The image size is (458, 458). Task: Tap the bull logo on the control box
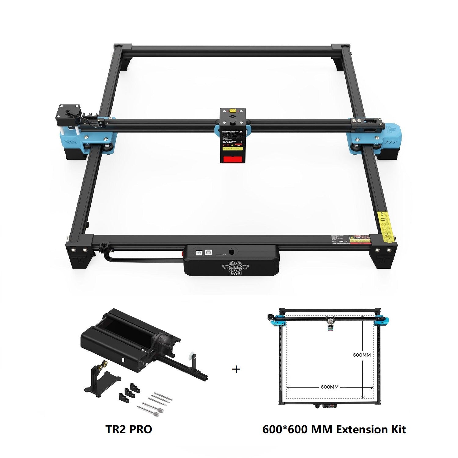click(x=231, y=268)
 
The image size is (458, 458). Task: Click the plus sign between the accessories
click(x=236, y=369)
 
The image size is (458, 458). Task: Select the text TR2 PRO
click(x=129, y=429)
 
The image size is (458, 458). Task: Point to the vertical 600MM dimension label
click(x=362, y=355)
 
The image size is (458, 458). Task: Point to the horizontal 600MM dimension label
click(x=329, y=387)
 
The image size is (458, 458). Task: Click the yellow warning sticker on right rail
click(x=385, y=227)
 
